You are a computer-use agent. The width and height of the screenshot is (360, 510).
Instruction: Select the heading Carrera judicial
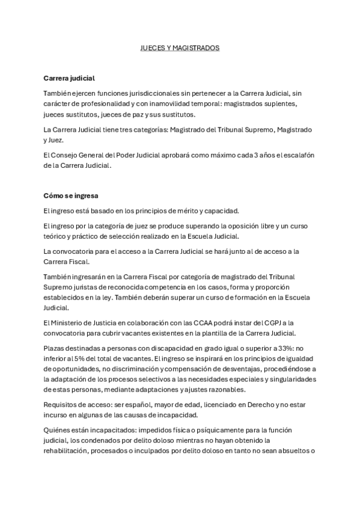(69, 78)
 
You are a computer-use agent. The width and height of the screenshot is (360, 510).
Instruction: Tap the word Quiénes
(59, 431)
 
